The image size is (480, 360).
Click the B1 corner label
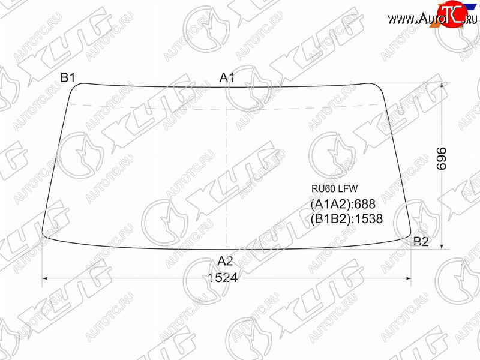68,78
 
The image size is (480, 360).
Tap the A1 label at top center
227,78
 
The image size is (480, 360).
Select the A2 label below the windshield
226,261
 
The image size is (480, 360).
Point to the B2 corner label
421,242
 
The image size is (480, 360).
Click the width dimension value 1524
223,278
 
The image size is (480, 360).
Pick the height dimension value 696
442,158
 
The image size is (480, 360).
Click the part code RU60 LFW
334,188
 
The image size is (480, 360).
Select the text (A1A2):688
343,204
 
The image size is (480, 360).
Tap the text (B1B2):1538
347,218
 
